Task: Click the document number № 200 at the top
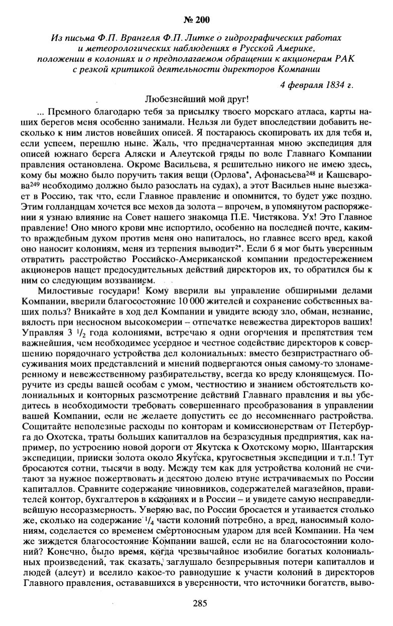pos(196,20)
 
